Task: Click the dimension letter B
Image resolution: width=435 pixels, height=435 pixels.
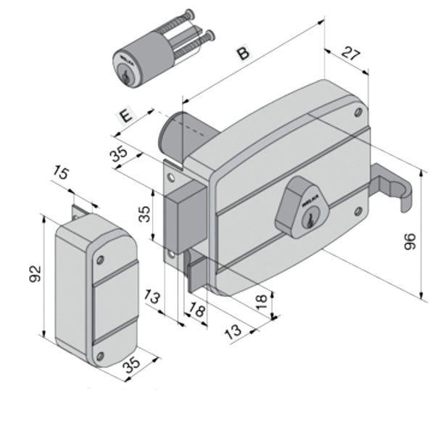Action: pos(244,53)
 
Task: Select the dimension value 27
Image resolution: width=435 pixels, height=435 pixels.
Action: pos(351,54)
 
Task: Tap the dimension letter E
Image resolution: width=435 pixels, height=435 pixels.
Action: pos(125,116)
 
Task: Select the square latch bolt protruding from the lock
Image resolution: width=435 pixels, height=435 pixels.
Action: pos(185,216)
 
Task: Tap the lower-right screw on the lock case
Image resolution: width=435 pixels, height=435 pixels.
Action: pos(357,211)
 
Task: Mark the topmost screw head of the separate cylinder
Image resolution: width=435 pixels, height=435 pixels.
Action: pos(189,12)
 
